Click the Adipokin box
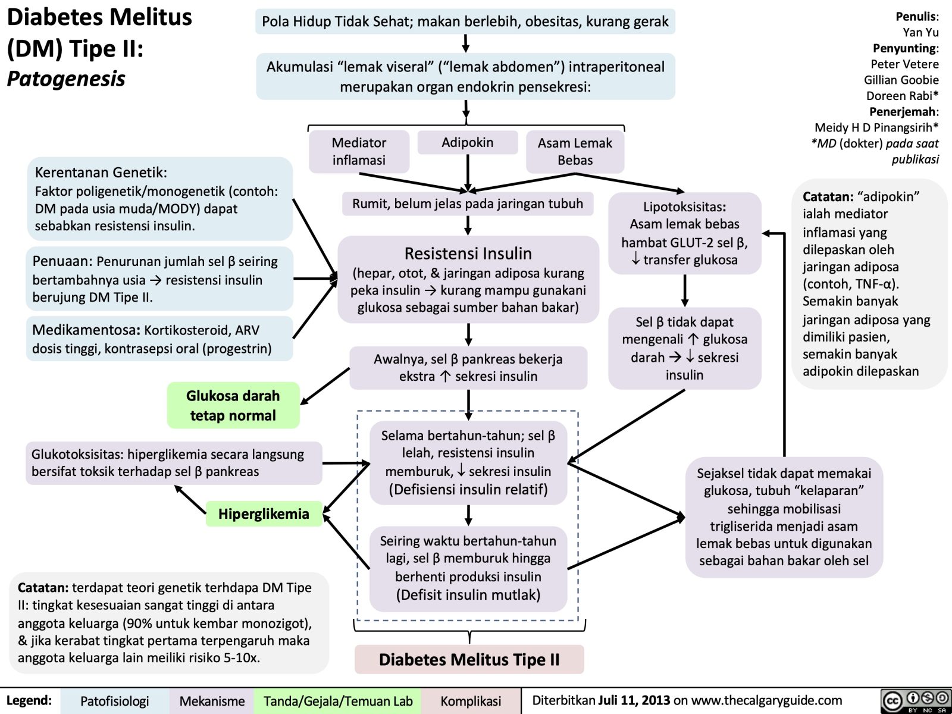tap(468, 143)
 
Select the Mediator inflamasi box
tap(359, 151)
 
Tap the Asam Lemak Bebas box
tap(575, 151)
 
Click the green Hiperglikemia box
tap(264, 513)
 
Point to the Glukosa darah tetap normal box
tap(233, 405)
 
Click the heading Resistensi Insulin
tap(468, 253)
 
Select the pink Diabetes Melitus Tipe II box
tap(469, 659)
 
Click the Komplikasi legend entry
tap(471, 701)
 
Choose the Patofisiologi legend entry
tap(114, 701)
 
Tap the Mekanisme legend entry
tap(212, 701)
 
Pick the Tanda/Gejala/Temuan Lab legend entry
tap(338, 701)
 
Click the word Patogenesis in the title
tap(66, 79)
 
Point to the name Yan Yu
tap(920, 33)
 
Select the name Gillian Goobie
tap(901, 80)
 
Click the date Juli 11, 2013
tap(634, 700)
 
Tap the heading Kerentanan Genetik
tap(101, 173)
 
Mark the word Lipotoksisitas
tap(684, 207)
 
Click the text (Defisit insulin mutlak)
tap(468, 594)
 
